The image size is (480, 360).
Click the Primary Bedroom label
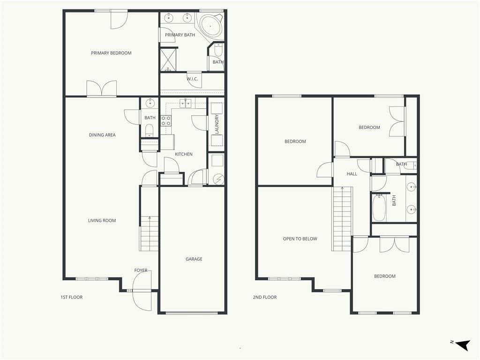pyautogui.click(x=111, y=53)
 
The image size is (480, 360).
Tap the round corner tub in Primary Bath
pyautogui.click(x=210, y=26)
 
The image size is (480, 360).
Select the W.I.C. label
pyautogui.click(x=192, y=79)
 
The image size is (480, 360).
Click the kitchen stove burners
pyautogui.click(x=166, y=120)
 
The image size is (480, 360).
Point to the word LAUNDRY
pyautogui.click(x=217, y=124)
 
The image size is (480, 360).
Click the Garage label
pyautogui.click(x=194, y=259)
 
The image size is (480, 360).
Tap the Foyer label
pyautogui.click(x=141, y=270)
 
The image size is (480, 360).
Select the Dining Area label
pyautogui.click(x=102, y=135)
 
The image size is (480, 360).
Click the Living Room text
pyautogui.click(x=102, y=220)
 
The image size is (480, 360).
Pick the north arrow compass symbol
pyautogui.click(x=463, y=345)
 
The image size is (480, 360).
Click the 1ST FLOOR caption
pyautogui.click(x=72, y=297)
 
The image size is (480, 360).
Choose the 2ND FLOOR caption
pyautogui.click(x=265, y=297)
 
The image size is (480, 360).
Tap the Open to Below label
pyautogui.click(x=300, y=239)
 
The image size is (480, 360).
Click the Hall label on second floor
pyautogui.click(x=352, y=174)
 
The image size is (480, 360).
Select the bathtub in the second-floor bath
pyautogui.click(x=379, y=208)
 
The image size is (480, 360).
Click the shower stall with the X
pyautogui.click(x=168, y=60)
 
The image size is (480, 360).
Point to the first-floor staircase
pyautogui.click(x=149, y=233)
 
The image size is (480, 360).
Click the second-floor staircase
pyautogui.click(x=342, y=218)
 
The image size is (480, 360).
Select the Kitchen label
pyautogui.click(x=184, y=154)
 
